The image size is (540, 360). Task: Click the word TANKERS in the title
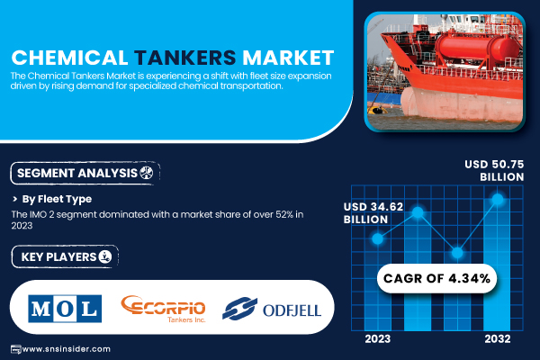coord(184,58)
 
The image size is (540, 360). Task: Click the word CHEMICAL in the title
coord(70,58)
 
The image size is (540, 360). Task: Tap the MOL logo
coord(65,309)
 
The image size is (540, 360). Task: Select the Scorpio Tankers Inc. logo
coord(163,309)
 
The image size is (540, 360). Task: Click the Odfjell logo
coord(272,309)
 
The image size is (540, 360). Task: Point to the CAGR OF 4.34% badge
coord(436,278)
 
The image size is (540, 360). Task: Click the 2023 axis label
coord(378,339)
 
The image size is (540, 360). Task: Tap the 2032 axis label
coord(498,339)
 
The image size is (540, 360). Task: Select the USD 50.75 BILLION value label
coord(494,170)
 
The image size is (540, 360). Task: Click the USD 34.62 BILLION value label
coord(373,213)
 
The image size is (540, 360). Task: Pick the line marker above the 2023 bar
coord(378,238)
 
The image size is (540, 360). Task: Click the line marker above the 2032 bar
coord(498,199)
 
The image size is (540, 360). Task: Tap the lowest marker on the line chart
coord(457,253)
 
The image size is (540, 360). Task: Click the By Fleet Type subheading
coord(57,199)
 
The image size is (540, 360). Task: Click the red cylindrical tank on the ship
coord(477,48)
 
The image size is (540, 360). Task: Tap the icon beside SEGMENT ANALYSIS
coord(147,173)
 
